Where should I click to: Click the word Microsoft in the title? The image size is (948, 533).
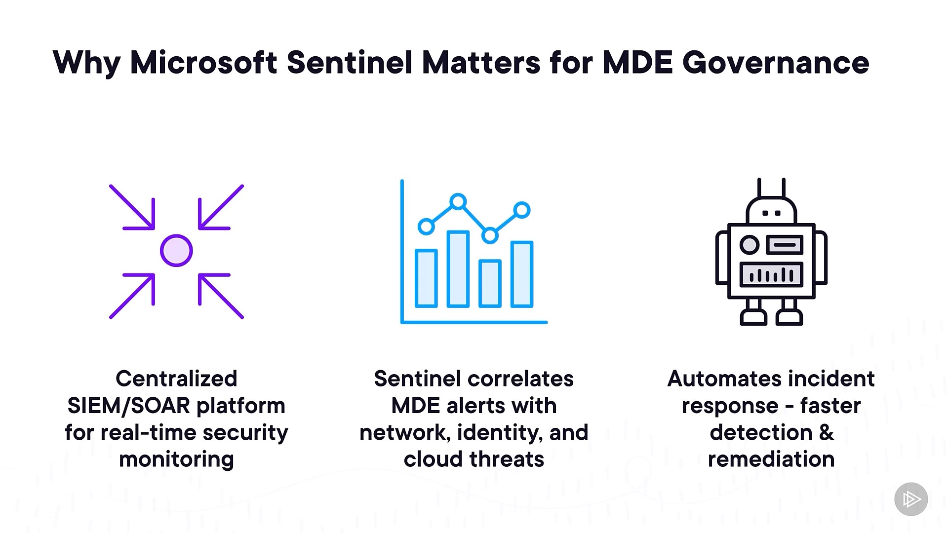203,63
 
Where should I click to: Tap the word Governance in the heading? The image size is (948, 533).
776,63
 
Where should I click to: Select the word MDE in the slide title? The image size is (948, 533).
637,63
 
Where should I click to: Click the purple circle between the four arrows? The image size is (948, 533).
176,251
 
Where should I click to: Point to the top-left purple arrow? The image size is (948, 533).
132,207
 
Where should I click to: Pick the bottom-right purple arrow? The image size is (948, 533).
221,297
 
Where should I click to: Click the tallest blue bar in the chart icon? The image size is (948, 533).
458,269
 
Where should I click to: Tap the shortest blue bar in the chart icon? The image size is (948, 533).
490,283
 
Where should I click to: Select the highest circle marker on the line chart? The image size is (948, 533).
458,201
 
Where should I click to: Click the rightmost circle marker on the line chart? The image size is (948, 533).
521,210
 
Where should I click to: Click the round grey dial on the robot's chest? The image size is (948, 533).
750,245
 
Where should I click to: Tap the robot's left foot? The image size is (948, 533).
753,316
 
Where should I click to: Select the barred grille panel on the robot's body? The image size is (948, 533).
771,274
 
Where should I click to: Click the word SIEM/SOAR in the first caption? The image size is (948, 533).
129,406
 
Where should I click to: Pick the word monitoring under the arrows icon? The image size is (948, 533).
176,459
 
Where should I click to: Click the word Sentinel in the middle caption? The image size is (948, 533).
417,379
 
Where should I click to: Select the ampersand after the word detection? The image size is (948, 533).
827,433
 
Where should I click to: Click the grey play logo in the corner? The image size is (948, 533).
911,499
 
